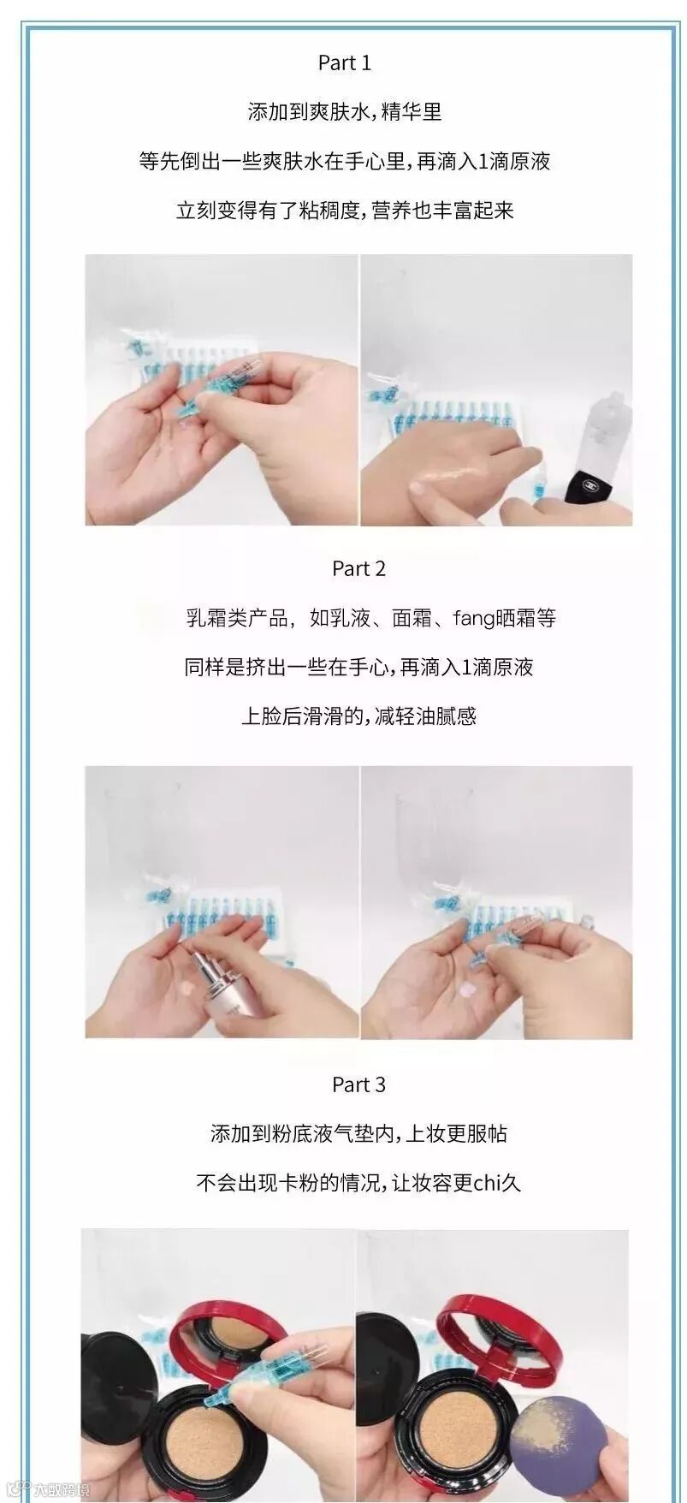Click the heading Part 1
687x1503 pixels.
click(x=344, y=62)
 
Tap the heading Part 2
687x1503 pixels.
click(x=358, y=568)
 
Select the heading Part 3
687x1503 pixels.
click(x=358, y=1084)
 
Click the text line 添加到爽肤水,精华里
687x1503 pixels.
click(x=345, y=112)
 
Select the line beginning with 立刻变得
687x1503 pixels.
click(x=345, y=211)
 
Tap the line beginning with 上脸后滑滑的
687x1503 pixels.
click(x=358, y=716)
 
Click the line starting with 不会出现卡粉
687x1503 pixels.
click(x=358, y=1183)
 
